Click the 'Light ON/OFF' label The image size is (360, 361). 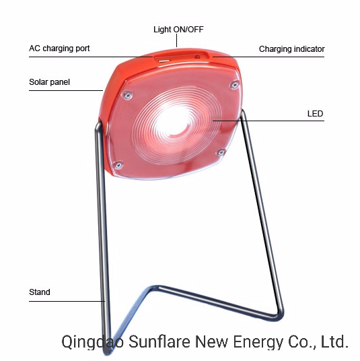point(178,30)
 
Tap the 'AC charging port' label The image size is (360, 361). point(59,48)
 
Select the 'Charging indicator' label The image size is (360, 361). point(291,49)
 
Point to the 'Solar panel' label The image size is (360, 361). point(49,82)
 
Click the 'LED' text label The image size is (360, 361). point(315,114)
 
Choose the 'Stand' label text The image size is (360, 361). point(40,292)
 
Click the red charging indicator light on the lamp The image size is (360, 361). point(197,57)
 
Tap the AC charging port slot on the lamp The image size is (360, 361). point(164,61)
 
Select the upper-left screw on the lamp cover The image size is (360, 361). point(127,95)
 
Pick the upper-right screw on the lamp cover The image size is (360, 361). point(234,85)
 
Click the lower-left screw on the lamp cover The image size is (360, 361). point(118,165)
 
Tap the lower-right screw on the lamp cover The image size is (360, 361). point(221,152)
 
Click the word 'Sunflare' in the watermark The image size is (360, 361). point(159,341)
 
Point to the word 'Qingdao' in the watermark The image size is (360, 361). point(92,343)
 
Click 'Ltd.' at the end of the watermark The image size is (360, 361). point(334,341)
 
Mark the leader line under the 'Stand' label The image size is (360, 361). point(67,301)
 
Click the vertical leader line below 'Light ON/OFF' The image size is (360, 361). point(177,40)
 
